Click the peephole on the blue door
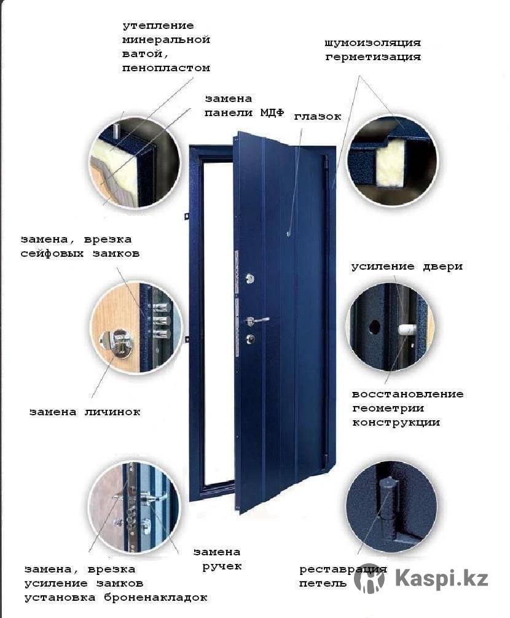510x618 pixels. coord(289,234)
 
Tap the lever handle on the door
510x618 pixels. coord(257,320)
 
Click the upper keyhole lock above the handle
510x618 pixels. coord(249,279)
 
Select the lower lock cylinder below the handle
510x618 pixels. coord(250,338)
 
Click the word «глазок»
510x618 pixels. coord(318,117)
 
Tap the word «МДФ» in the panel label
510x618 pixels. coord(272,112)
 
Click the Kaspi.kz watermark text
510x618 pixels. coord(441,579)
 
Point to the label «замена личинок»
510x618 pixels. coord(85,412)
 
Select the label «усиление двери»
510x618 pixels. coord(407,267)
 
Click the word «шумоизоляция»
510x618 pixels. coord(373,42)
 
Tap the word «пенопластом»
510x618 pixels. coord(166,68)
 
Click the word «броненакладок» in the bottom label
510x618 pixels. coord(155,598)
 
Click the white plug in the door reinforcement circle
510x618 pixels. coord(407,329)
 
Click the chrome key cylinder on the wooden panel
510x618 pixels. coord(118,342)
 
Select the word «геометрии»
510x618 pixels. coord(388,409)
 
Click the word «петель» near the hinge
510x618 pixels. coord(323,584)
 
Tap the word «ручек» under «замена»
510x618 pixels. coord(222,566)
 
